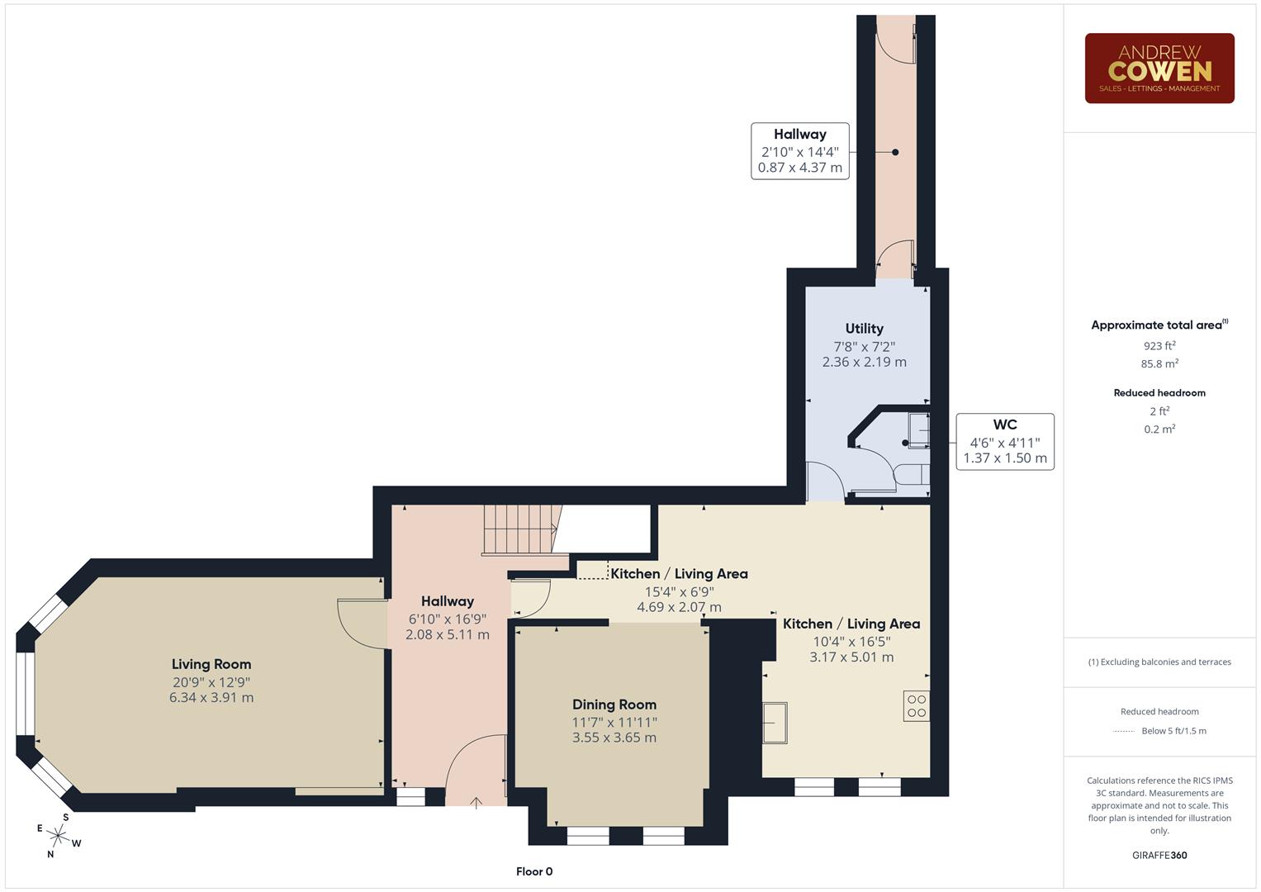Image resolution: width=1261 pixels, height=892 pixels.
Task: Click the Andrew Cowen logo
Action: pyautogui.click(x=1159, y=69)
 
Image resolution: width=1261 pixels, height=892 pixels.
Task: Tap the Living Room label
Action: pyautogui.click(x=211, y=664)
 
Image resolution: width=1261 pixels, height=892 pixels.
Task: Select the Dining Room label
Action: pyautogui.click(x=614, y=705)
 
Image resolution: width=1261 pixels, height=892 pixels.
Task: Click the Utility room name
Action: pyautogui.click(x=864, y=329)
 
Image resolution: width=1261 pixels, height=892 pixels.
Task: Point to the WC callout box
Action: pyautogui.click(x=1004, y=442)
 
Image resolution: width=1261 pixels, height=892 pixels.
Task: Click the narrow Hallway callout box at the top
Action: pyautogui.click(x=799, y=151)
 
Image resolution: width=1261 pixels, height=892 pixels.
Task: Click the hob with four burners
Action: pyautogui.click(x=917, y=705)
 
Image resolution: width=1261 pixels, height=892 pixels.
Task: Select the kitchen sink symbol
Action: pyautogui.click(x=775, y=723)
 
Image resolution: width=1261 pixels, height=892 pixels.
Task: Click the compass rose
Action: pyautogui.click(x=58, y=836)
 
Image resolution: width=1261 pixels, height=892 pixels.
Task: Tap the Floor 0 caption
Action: pyautogui.click(x=534, y=871)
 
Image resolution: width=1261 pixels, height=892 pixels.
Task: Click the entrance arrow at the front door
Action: pyautogui.click(x=476, y=801)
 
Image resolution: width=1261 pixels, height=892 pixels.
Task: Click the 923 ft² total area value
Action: pyautogui.click(x=1159, y=346)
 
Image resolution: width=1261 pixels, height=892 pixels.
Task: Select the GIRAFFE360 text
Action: pyautogui.click(x=1159, y=855)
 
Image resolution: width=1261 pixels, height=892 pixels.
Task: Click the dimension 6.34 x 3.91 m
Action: pyautogui.click(x=211, y=698)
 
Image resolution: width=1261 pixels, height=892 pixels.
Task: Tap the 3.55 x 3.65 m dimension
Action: pyautogui.click(x=614, y=738)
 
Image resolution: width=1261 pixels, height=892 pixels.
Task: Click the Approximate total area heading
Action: pyautogui.click(x=1159, y=325)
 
